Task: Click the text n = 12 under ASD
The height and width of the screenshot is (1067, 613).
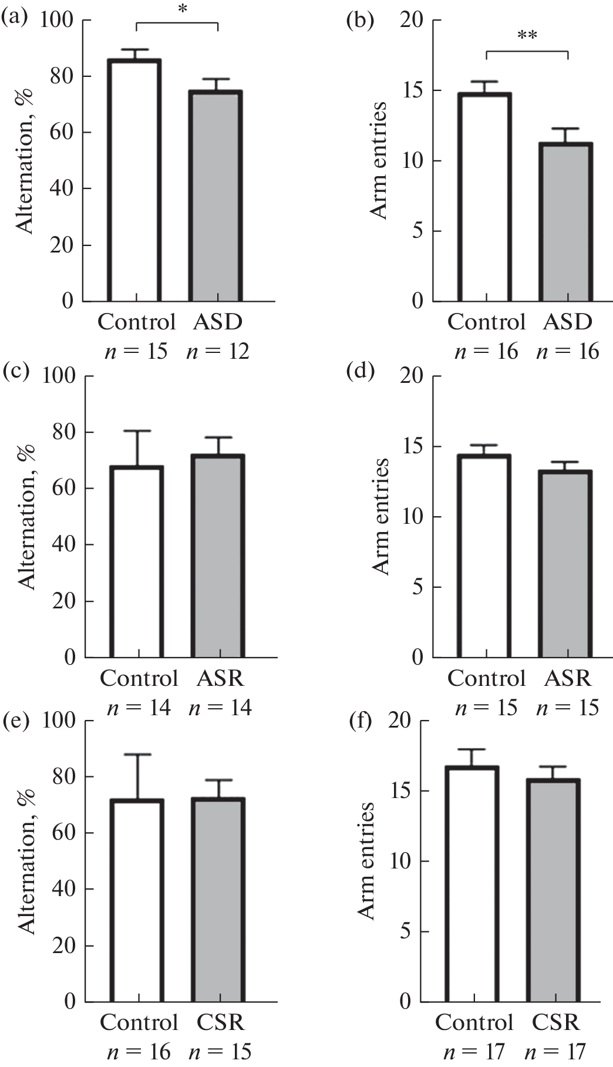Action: tap(218, 351)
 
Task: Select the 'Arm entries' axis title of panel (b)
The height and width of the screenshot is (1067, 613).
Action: tap(381, 160)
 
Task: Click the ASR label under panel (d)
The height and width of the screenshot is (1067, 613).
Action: tap(567, 678)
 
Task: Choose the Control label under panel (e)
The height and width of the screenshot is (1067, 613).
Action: tap(139, 1022)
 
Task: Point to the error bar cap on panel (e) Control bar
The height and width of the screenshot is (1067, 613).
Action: tap(137, 755)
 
